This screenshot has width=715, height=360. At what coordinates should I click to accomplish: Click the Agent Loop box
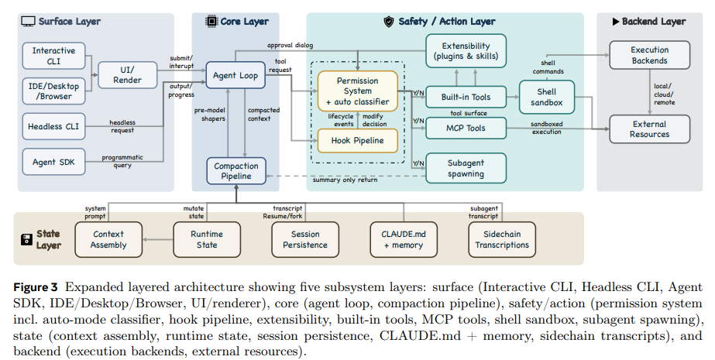(x=235, y=75)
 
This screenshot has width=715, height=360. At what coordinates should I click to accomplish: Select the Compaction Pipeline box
(x=236, y=171)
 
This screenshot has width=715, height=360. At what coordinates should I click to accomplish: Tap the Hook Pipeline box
(x=358, y=140)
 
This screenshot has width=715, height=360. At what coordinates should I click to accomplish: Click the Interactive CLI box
(x=53, y=56)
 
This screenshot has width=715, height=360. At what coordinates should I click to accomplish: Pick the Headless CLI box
(x=53, y=126)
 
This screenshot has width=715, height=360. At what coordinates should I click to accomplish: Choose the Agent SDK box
(x=53, y=162)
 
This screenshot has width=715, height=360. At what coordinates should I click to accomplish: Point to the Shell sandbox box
(x=547, y=97)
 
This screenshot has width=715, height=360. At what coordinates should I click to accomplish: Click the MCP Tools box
(x=466, y=128)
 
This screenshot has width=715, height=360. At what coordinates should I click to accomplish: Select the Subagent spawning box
(x=466, y=168)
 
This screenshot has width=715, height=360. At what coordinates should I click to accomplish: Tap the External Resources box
(x=650, y=129)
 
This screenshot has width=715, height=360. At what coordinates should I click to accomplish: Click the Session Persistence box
(x=305, y=239)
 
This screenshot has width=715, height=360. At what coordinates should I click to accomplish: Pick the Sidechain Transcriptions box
(x=502, y=239)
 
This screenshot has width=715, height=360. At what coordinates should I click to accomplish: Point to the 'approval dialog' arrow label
(x=290, y=45)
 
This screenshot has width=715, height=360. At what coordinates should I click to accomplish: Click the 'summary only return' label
(x=345, y=180)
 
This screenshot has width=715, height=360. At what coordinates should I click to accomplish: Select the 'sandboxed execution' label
(x=547, y=128)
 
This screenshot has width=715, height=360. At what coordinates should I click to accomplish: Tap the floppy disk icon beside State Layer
(x=27, y=239)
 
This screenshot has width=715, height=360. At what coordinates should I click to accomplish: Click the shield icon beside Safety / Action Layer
(x=389, y=22)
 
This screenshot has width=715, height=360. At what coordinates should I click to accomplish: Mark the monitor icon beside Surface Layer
(x=28, y=22)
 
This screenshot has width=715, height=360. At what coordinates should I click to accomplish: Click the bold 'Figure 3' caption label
(x=36, y=287)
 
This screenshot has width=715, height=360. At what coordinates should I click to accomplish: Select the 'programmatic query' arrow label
(x=122, y=161)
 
